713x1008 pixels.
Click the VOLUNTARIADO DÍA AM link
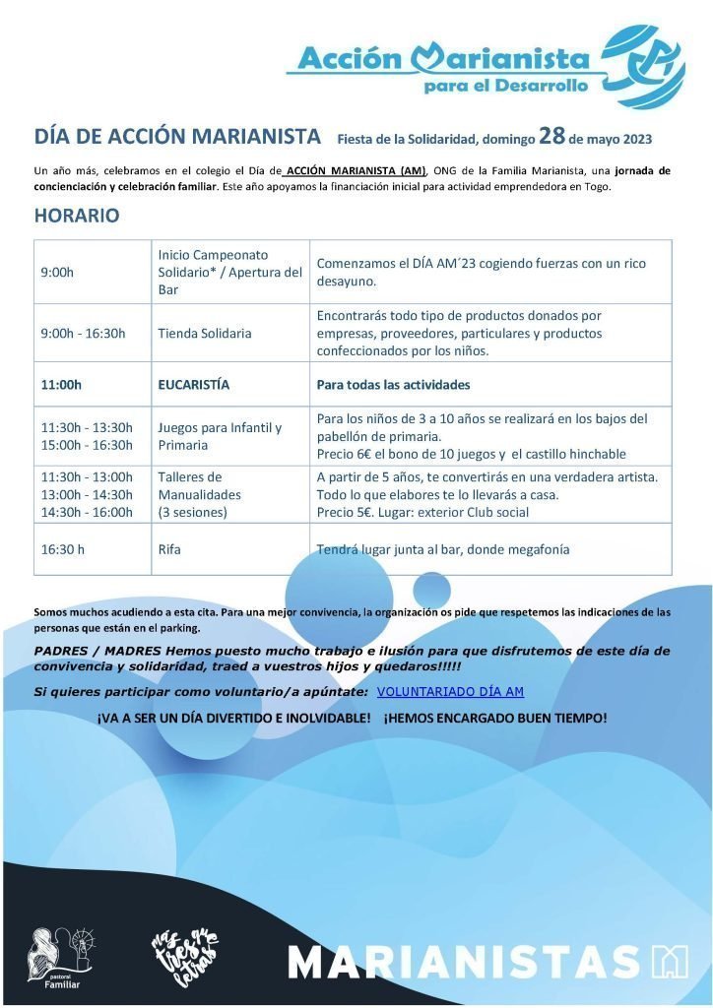click(450, 692)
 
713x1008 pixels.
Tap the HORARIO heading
click(77, 216)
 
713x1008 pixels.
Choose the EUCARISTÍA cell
click(194, 384)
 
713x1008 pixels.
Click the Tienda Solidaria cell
click(205, 333)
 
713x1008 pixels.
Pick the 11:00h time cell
click(61, 384)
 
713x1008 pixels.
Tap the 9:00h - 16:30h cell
click(83, 333)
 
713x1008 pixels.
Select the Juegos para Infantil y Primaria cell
click(220, 436)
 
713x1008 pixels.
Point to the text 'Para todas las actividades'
click(393, 384)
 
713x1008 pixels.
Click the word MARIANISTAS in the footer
click(463, 961)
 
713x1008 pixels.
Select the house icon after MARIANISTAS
click(670, 961)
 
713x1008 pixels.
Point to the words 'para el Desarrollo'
click(505, 86)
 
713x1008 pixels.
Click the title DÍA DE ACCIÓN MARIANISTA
click(177, 135)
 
